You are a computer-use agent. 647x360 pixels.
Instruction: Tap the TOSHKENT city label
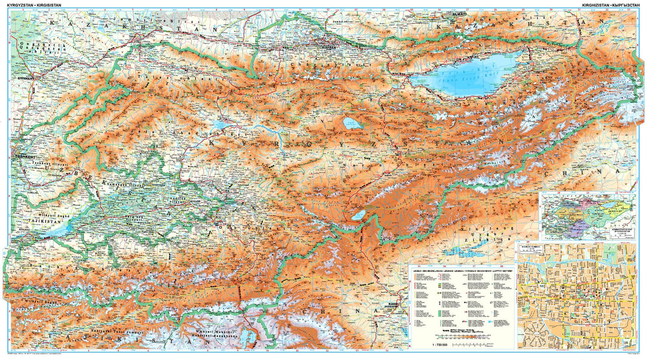pyautogui.click(x=25, y=157)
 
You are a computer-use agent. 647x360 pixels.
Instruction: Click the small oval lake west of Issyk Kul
pyautogui.click(x=353, y=124)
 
